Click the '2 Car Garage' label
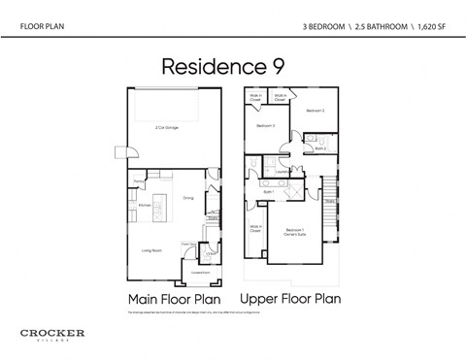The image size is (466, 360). [x=168, y=127]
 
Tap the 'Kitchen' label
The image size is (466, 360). [x=144, y=205]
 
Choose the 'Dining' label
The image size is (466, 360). [x=188, y=198]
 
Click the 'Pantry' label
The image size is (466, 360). [x=138, y=181]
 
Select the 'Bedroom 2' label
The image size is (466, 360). [x=315, y=112]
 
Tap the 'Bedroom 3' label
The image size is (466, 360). [x=266, y=126]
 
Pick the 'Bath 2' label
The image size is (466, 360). [x=319, y=148]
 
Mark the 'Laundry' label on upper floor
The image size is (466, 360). [x=282, y=175]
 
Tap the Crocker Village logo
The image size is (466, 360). [x=52, y=335]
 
